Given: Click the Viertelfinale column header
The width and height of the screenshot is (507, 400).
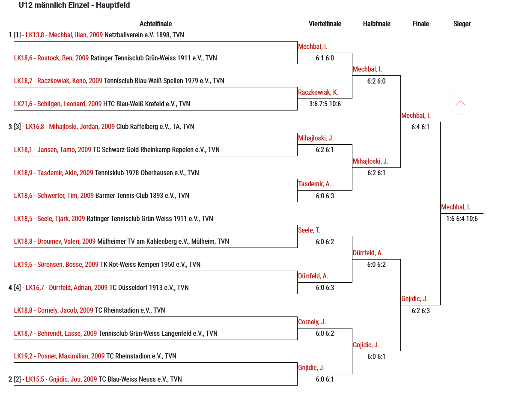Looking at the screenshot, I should click(x=325, y=24).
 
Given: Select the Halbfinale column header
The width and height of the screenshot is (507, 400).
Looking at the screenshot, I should click(x=376, y=24).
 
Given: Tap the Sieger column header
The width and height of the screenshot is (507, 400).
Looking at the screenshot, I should click(x=462, y=24).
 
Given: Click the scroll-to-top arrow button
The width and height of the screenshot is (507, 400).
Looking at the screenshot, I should click(x=460, y=103).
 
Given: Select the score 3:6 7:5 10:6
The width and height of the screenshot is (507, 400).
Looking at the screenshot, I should click(x=325, y=104).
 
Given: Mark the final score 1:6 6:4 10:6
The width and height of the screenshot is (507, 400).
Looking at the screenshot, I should click(x=462, y=219).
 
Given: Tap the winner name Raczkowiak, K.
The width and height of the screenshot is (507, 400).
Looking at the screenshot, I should click(x=318, y=93).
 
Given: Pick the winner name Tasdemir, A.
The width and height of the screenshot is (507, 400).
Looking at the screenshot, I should click(x=314, y=184).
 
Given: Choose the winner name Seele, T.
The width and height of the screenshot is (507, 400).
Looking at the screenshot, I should click(x=309, y=230).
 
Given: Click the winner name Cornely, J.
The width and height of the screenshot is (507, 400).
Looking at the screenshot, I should click(x=312, y=322).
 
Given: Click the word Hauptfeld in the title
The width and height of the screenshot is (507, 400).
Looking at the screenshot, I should click(x=113, y=6).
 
